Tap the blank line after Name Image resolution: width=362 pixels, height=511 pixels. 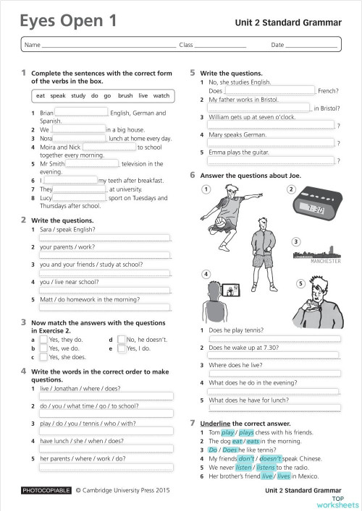coord(109,46)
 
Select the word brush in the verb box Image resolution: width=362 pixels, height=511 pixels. coord(125,95)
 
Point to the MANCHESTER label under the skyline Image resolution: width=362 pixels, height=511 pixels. coord(325,262)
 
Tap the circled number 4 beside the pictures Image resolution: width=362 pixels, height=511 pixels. coord(206,275)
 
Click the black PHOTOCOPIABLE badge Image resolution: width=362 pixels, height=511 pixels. coord(46,490)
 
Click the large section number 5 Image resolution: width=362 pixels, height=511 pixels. coord(193,73)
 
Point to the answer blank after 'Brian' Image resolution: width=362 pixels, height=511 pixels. coord(81,113)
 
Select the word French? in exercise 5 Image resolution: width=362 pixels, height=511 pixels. coord(328,91)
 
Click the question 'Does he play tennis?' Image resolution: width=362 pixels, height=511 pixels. coord(237,330)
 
